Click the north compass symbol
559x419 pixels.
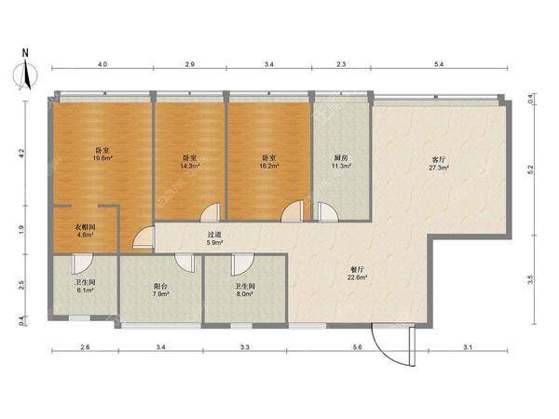tap(26, 74)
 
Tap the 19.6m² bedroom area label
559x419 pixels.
tap(102, 158)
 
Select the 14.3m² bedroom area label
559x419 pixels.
tap(191, 166)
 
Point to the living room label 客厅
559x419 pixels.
tap(439, 159)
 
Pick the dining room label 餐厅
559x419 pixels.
tap(358, 269)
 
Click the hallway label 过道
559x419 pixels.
tap(215, 235)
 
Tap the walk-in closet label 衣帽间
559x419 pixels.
tap(85, 226)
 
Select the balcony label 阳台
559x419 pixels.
tap(160, 286)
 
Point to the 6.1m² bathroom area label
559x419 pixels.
tap(85, 291)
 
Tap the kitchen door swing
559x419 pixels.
tap(327, 211)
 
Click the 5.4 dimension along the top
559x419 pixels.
tap(439, 64)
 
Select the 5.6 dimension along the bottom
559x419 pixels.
tap(357, 347)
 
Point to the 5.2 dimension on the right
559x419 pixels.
tap(530, 170)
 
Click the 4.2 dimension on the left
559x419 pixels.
tap(21, 153)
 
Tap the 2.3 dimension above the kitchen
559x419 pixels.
tap(341, 64)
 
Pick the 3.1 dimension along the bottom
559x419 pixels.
tap(468, 347)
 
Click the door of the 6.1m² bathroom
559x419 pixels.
tap(81, 263)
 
